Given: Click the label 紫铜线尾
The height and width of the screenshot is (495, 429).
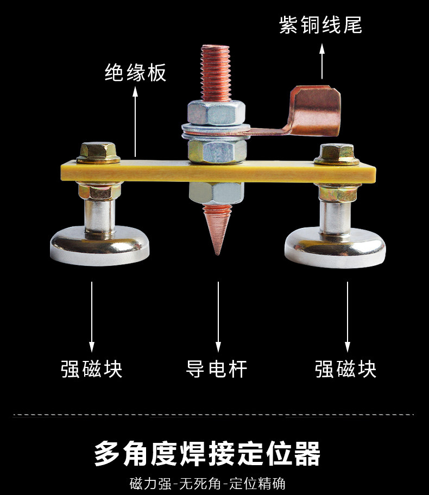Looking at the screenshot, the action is pos(320,25).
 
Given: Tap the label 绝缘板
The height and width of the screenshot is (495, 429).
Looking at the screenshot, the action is pos(135,73).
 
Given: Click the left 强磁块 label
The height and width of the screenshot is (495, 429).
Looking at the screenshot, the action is pos(92,369).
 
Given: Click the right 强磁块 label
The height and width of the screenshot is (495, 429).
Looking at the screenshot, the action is pos(346,369).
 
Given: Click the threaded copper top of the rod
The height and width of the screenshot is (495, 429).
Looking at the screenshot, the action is pos(216,71).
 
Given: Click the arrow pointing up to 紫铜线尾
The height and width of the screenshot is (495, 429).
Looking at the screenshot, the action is pos(322,62).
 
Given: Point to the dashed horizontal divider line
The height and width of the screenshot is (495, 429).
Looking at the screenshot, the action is pos(214,415).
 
